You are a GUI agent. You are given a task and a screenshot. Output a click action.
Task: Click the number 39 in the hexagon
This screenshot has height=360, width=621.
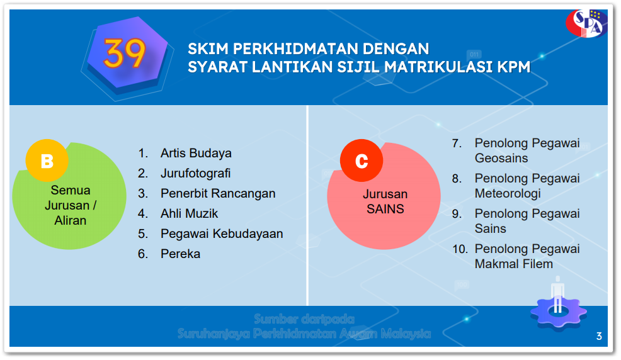pos(125,53)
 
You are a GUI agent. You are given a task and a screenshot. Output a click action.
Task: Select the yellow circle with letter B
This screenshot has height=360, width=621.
pos(47,161)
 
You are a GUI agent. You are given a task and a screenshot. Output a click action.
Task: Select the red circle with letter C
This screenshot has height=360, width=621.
pos(362,161)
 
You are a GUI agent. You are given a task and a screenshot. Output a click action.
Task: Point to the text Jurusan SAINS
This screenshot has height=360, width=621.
pos(385,201)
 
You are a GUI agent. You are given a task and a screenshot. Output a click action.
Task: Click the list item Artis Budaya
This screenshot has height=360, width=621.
pos(196,153)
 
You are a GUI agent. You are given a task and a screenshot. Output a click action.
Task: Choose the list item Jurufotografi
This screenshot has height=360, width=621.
pos(195,173)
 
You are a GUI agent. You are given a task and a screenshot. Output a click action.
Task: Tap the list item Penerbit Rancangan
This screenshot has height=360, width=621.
pos(218,193)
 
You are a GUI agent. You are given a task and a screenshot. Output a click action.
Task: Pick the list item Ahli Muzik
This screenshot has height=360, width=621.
pos(189,213)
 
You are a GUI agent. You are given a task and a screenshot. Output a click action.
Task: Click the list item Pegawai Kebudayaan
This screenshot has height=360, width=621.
pos(222,233)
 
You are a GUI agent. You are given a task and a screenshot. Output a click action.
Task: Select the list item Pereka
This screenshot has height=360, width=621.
pos(180,254)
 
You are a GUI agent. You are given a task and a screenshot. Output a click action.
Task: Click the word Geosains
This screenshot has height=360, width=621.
pos(501,158)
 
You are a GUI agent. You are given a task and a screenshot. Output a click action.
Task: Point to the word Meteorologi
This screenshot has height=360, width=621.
pos(508,193)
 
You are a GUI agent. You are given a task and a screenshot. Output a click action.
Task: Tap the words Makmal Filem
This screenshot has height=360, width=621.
pos(513,264)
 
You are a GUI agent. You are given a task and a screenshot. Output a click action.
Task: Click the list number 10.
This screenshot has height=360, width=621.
pos(460,249)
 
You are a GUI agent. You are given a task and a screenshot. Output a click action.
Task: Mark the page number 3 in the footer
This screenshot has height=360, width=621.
pos(599,336)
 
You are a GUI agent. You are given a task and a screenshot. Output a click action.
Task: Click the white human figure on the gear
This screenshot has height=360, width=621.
pos(557,295)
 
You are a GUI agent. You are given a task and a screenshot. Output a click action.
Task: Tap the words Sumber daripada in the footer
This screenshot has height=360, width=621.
pos(304,319)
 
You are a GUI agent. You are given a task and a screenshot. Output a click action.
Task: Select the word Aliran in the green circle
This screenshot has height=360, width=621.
pos(70,220)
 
